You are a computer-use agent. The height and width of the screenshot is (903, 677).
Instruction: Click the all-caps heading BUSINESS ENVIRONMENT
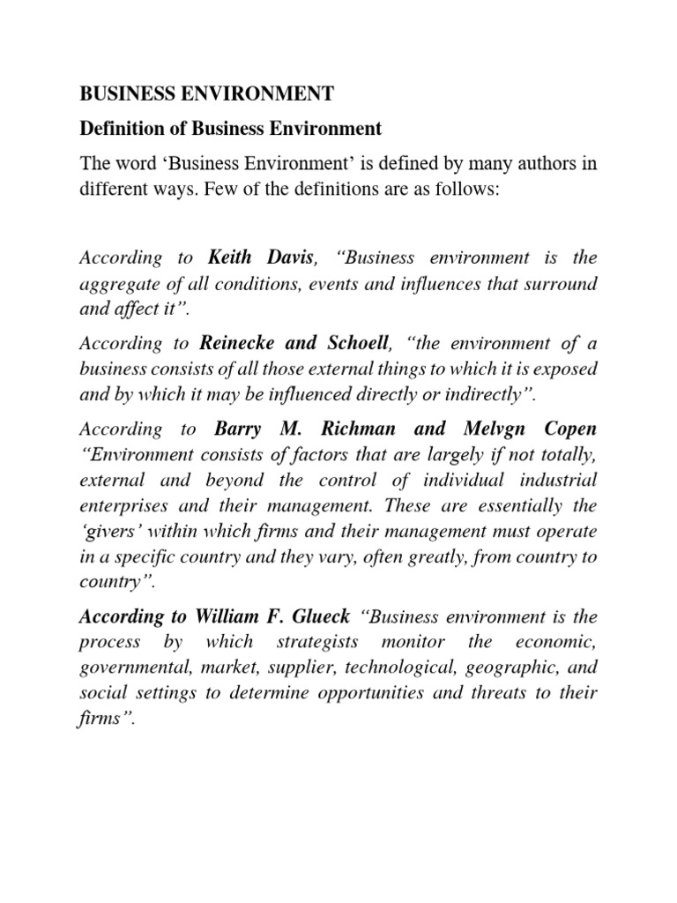click(207, 93)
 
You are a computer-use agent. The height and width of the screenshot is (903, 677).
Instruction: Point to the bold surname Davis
click(290, 258)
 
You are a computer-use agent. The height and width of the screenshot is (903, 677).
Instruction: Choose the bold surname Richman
click(369, 429)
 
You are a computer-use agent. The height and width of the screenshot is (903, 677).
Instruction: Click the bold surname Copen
click(569, 429)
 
